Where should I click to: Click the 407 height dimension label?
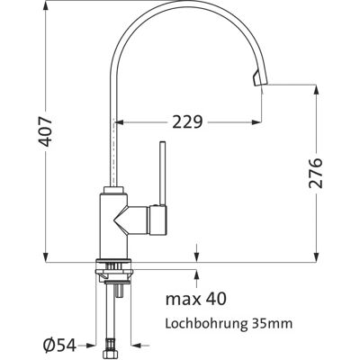point(46,131)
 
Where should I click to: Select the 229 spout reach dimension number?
point(187,121)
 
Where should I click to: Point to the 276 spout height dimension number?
point(315,173)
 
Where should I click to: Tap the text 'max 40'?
point(196,299)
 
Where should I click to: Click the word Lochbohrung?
point(205,323)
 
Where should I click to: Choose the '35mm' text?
point(270,323)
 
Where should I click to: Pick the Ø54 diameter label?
point(58,346)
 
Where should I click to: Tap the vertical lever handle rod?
point(162,173)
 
